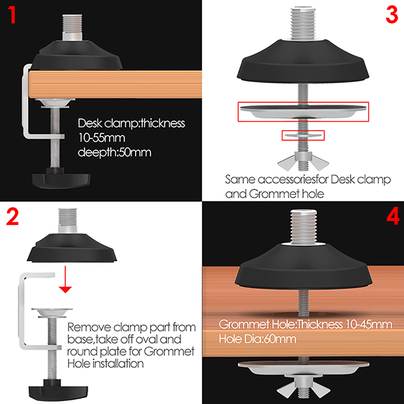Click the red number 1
[x=12, y=15]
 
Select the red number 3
[x=392, y=15]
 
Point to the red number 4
[x=393, y=216]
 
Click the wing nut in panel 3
[x=303, y=161]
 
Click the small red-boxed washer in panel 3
[x=303, y=135]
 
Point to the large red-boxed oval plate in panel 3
[x=303, y=111]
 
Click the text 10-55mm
[x=102, y=138]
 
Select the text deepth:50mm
[x=114, y=152]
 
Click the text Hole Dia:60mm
[x=257, y=339]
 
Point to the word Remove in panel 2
[x=89, y=327]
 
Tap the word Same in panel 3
[x=240, y=179]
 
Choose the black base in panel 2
[x=72, y=248]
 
